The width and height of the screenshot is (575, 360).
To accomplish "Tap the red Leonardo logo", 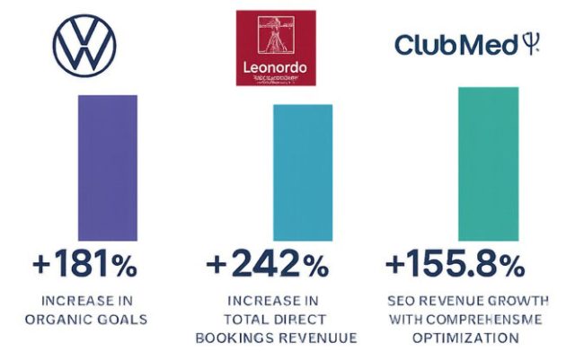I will pyautogui.click(x=277, y=48).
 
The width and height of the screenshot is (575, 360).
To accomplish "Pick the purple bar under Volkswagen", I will pyautogui.click(x=108, y=168).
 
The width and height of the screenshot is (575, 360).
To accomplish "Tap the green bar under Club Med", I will pyautogui.click(x=488, y=163).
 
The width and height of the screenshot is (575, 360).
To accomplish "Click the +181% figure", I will pyautogui.click(x=86, y=266).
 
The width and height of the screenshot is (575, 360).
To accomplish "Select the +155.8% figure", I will pyautogui.click(x=455, y=266).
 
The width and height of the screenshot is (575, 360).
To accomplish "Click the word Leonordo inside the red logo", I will pyautogui.click(x=276, y=68).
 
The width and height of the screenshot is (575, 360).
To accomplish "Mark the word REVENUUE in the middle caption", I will pyautogui.click(x=320, y=338).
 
